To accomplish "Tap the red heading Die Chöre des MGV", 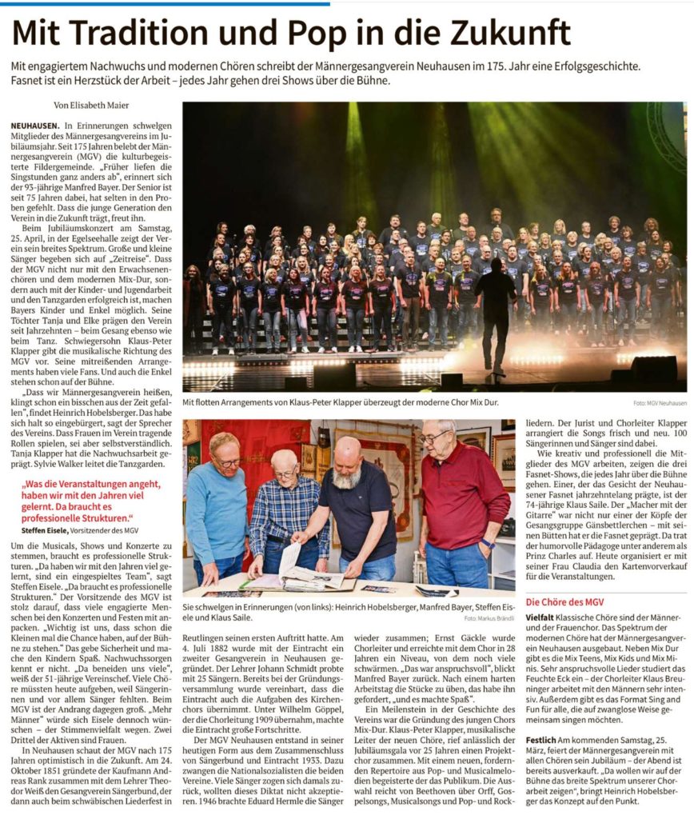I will [x=564, y=601].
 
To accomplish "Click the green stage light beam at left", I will [x=356, y=160].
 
